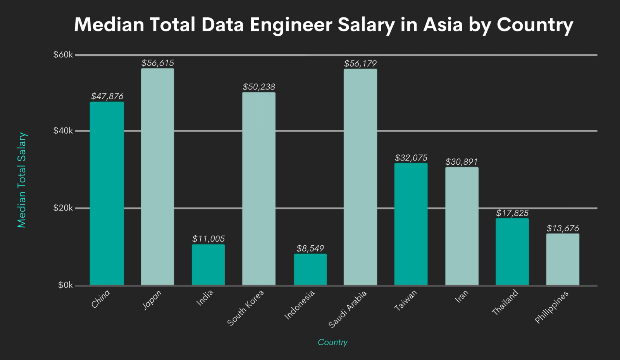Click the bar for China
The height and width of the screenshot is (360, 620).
click(107, 194)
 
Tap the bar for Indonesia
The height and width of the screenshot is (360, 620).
click(310, 270)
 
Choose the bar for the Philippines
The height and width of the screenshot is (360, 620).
click(563, 260)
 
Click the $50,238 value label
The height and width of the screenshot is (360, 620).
click(259, 87)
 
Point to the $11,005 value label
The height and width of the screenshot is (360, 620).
click(208, 239)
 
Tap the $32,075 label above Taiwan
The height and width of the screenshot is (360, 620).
click(411, 158)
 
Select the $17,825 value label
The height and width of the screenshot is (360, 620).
click(512, 213)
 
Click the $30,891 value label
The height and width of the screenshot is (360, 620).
click(462, 162)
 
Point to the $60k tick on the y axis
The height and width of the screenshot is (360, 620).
click(63, 55)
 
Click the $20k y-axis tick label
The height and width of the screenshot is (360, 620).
click(63, 208)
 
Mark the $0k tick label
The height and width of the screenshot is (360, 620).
click(65, 286)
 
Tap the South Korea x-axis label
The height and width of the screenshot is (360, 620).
click(246, 308)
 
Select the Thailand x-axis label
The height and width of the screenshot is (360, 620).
click(505, 302)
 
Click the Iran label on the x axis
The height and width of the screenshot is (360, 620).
click(461, 296)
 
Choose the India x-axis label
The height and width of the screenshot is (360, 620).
click(205, 298)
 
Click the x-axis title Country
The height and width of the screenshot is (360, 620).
click(332, 342)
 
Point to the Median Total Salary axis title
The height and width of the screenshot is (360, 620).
click(22, 180)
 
